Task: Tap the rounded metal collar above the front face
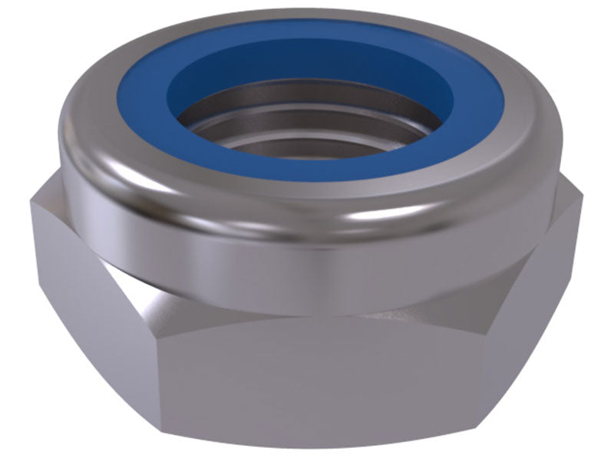pyautogui.click(x=307, y=253)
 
